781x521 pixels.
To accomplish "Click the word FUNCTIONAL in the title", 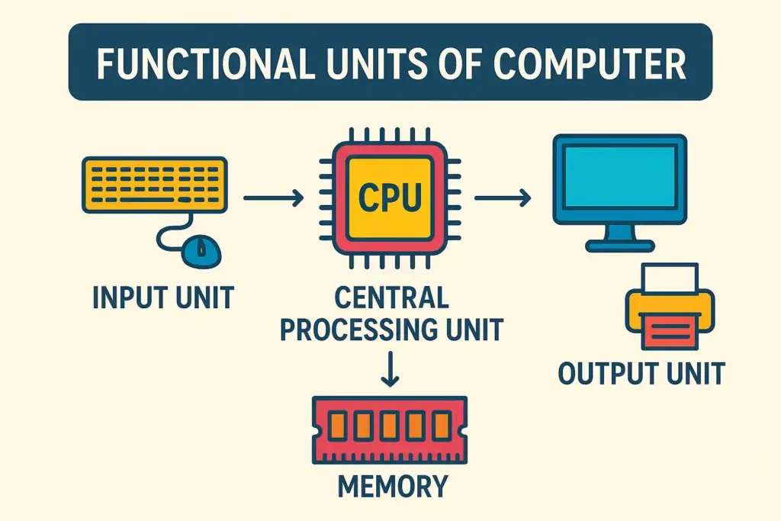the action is pyautogui.click(x=205, y=64).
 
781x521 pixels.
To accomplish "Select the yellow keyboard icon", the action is pyautogui.click(x=154, y=185).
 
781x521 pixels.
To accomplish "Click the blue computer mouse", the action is pyautogui.click(x=201, y=251).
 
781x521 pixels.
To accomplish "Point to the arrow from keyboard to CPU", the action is pyautogui.click(x=274, y=198).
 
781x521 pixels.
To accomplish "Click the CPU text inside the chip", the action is pyautogui.click(x=390, y=198).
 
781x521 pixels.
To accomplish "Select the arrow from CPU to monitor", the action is pyautogui.click(x=503, y=198).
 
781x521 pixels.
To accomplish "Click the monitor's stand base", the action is pyautogui.click(x=619, y=246).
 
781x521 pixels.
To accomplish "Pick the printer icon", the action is pyautogui.click(x=670, y=306).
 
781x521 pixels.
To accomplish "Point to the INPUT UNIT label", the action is pyautogui.click(x=163, y=297).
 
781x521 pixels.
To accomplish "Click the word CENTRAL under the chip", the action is pyautogui.click(x=391, y=297).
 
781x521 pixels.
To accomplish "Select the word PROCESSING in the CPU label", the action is pyautogui.click(x=359, y=330).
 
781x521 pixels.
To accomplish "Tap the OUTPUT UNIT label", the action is pyautogui.click(x=641, y=373).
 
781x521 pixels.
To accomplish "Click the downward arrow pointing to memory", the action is pyautogui.click(x=390, y=369).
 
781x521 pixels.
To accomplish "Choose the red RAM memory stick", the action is pyautogui.click(x=390, y=430).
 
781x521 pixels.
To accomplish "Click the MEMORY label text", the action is pyautogui.click(x=393, y=486).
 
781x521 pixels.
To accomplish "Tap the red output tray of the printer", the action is pyautogui.click(x=670, y=331).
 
